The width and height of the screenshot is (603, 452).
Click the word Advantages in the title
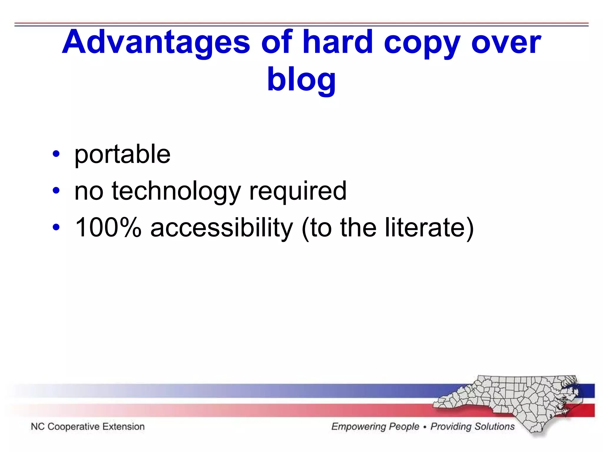coord(156,43)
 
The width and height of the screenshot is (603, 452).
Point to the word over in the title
coord(506,44)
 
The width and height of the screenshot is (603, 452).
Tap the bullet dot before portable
coord(56,154)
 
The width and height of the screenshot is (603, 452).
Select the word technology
coord(176,192)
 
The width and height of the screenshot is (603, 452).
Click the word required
coord(298,192)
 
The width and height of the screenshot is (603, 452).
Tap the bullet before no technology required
coord(56,191)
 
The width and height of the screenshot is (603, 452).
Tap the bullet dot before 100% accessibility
coord(56,227)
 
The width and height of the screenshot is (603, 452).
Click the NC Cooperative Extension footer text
coord(88,426)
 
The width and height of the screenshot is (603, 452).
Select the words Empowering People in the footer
coord(375,426)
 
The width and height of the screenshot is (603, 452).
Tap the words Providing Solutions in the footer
coord(472,426)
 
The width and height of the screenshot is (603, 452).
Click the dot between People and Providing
coord(425,427)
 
